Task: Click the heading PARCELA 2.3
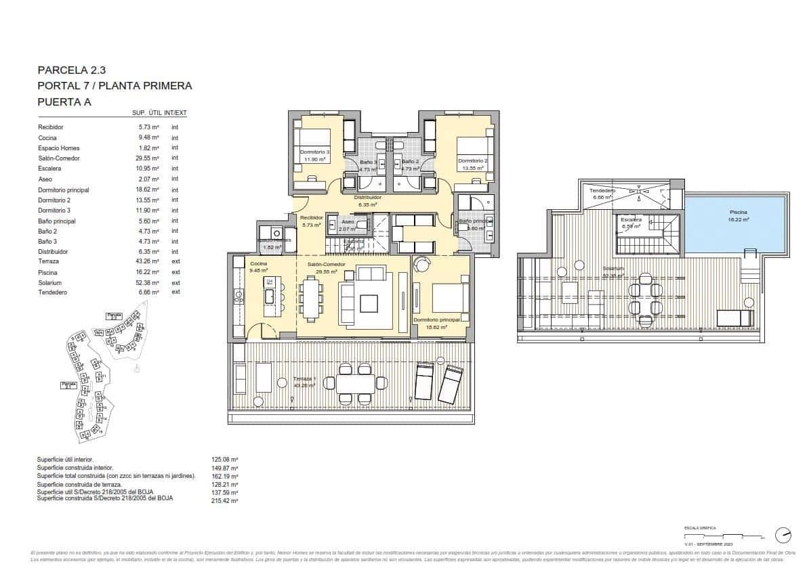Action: tap(71, 69)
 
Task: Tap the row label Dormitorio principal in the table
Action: tap(63, 190)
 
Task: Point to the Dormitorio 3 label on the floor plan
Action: tap(314, 152)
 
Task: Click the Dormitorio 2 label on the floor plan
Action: tap(475, 160)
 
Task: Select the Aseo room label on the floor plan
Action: tap(348, 222)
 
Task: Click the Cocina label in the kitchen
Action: tap(258, 264)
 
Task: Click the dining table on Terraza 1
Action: tap(355, 383)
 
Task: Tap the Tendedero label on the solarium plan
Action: tap(602, 192)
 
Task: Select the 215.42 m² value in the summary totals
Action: tap(225, 501)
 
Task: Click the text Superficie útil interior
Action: tap(70, 460)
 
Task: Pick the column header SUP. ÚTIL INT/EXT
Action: tap(159, 113)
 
